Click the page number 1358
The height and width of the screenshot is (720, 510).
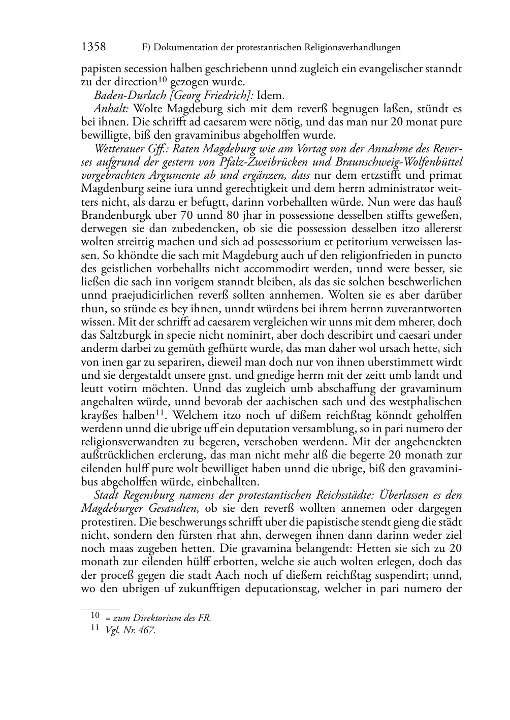(x=93, y=47)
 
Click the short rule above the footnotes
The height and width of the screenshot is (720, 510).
(x=100, y=608)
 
